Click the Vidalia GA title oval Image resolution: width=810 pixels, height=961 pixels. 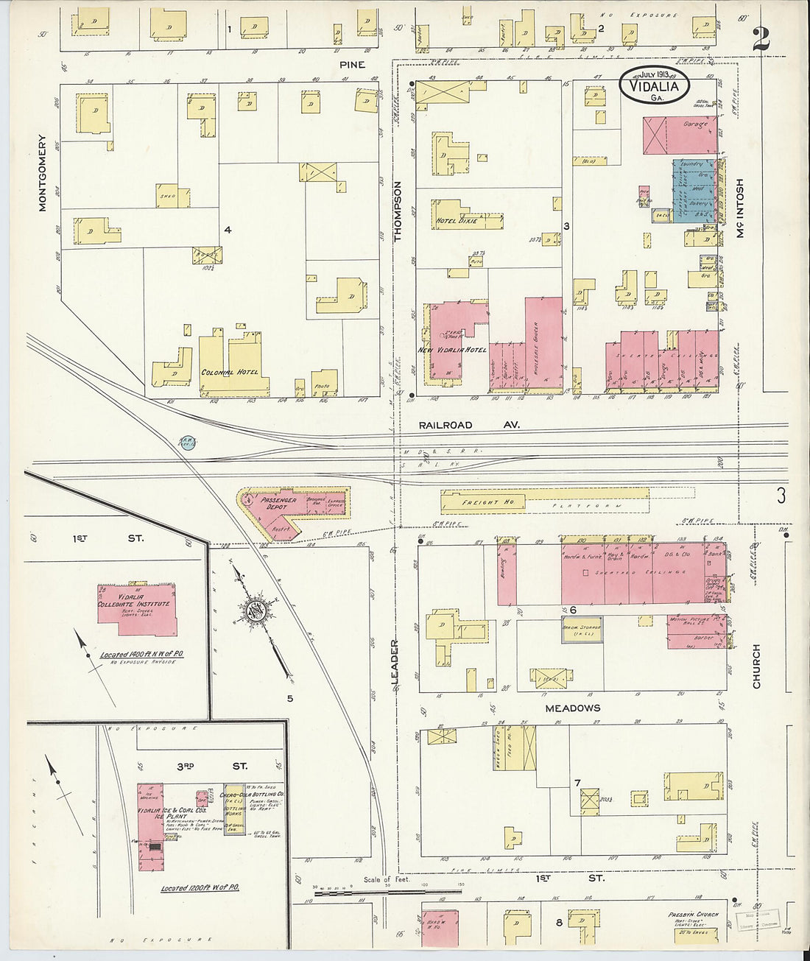(x=655, y=85)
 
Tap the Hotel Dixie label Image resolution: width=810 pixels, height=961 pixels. (x=457, y=221)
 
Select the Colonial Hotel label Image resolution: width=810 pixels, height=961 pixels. (x=229, y=373)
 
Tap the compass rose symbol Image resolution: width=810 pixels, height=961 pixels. (x=258, y=610)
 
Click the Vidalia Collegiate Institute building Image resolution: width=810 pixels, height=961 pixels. (x=136, y=609)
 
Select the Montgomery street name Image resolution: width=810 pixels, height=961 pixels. (x=42, y=172)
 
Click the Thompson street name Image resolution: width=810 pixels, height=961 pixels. (x=398, y=211)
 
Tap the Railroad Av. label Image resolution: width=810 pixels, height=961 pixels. (x=469, y=425)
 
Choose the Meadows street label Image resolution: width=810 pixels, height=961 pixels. (x=572, y=708)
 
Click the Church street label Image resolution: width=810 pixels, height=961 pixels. (x=756, y=666)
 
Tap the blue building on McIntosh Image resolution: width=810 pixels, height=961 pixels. (x=692, y=190)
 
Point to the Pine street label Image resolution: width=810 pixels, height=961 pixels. (x=352, y=65)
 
